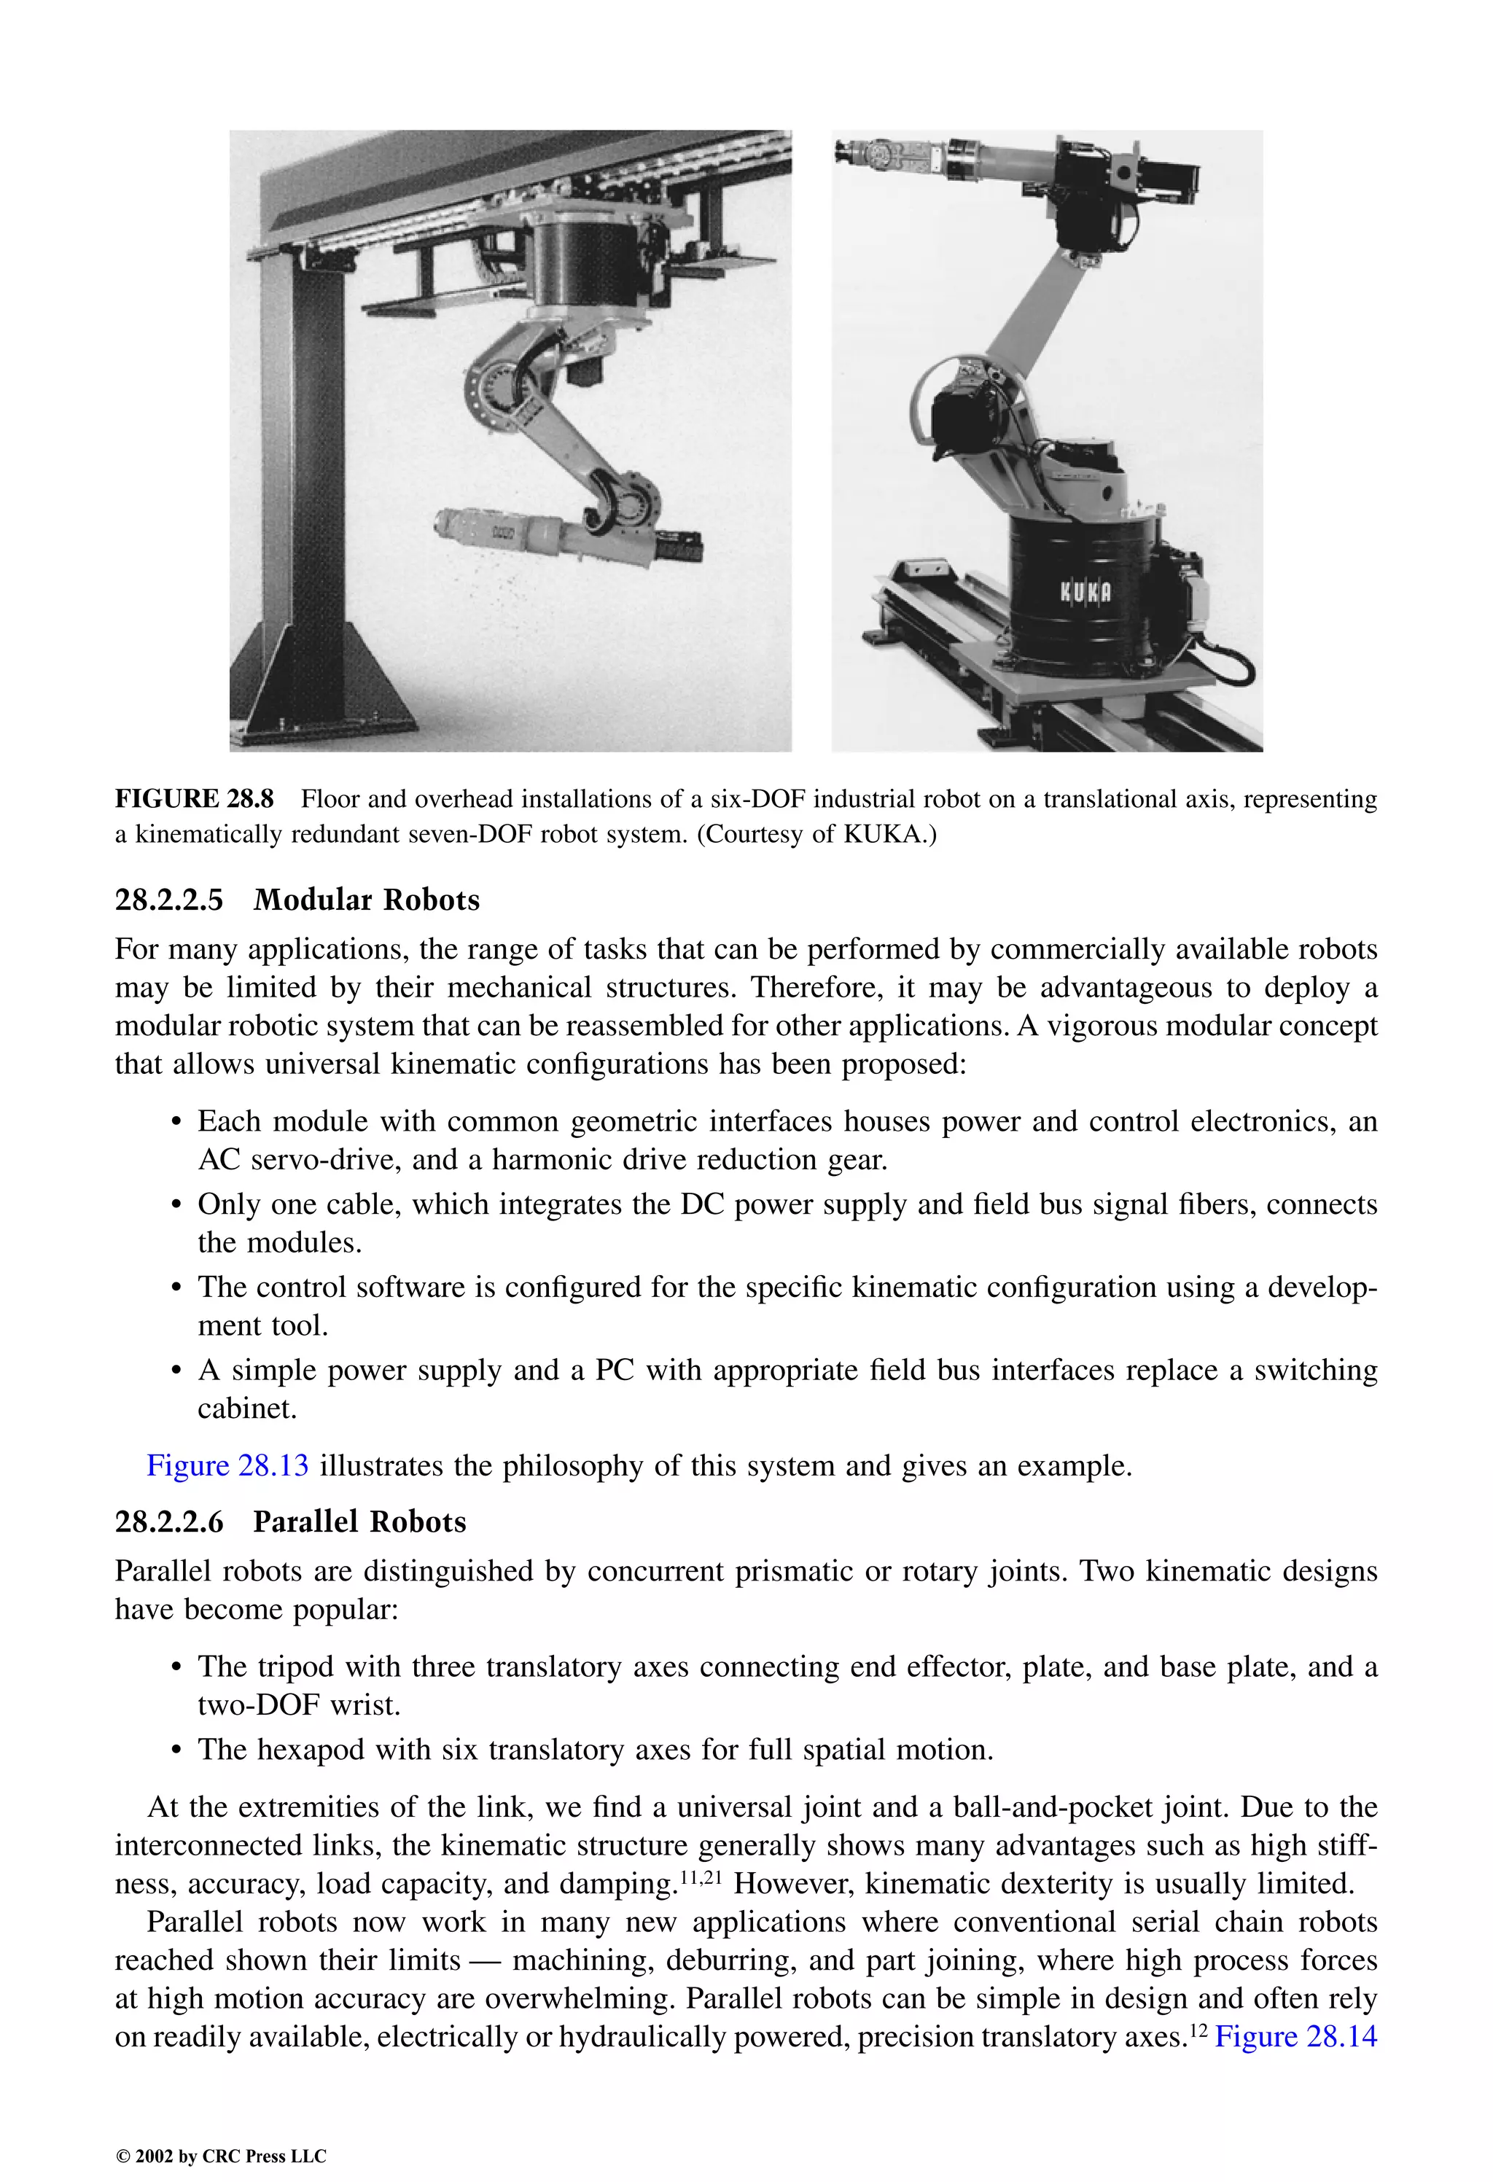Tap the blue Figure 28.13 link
[x=227, y=1465]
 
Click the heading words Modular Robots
[x=366, y=900]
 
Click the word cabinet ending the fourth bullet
[x=246, y=1408]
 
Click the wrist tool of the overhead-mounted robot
[x=488, y=532]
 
